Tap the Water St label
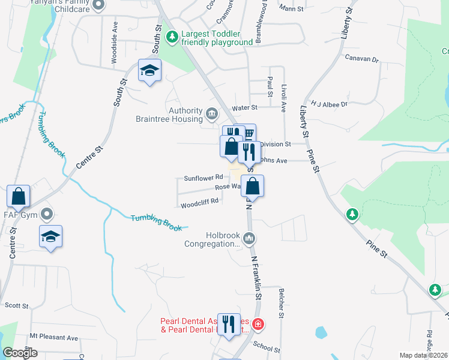(245, 107)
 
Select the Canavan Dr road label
(363, 59)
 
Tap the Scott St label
(16, 305)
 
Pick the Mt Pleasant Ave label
(54, 338)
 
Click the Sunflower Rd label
(203, 178)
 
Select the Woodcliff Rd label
(199, 201)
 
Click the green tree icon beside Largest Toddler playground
(172, 38)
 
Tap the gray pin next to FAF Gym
(47, 214)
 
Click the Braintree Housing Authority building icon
(212, 113)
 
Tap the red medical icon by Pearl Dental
(258, 325)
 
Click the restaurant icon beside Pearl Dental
(228, 325)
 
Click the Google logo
(20, 353)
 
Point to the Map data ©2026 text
(423, 355)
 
